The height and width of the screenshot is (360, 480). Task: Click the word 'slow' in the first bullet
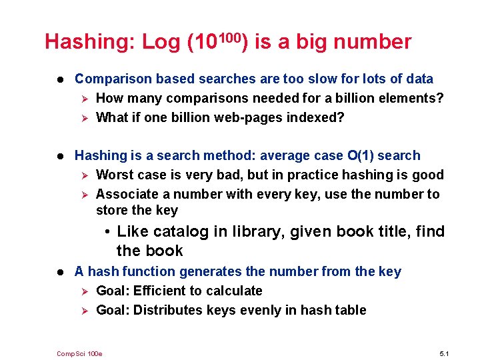(x=305, y=79)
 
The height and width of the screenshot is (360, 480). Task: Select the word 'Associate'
(x=125, y=194)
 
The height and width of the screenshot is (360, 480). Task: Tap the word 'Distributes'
(x=168, y=310)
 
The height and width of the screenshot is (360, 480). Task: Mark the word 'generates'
(x=191, y=271)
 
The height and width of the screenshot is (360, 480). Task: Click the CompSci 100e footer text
(x=80, y=353)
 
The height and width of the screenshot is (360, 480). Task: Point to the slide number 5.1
(x=445, y=353)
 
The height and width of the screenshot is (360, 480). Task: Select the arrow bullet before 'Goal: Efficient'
(x=83, y=291)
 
